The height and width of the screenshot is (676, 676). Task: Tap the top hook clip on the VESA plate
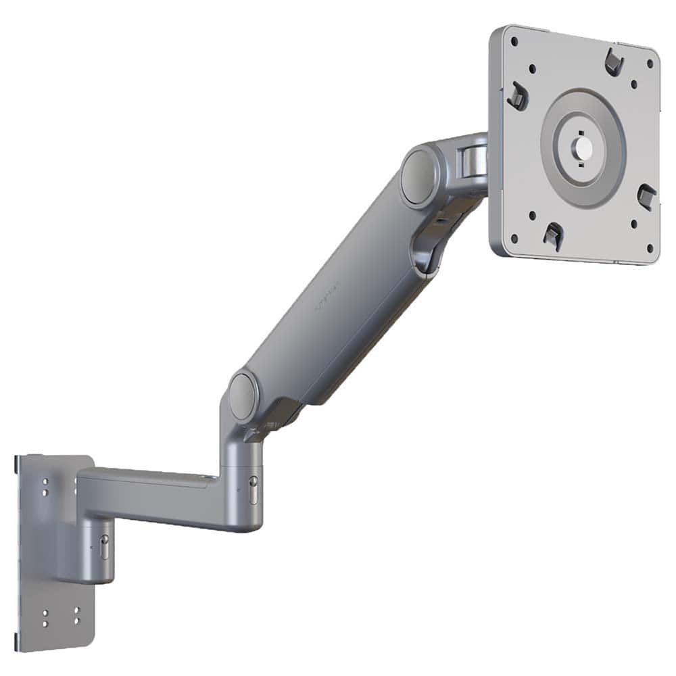click(613, 62)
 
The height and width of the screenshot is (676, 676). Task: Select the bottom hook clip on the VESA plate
click(553, 234)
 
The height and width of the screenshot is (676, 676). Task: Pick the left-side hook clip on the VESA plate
click(517, 96)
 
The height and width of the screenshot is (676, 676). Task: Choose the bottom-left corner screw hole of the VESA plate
click(514, 237)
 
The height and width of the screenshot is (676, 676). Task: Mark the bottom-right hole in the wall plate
click(76, 621)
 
